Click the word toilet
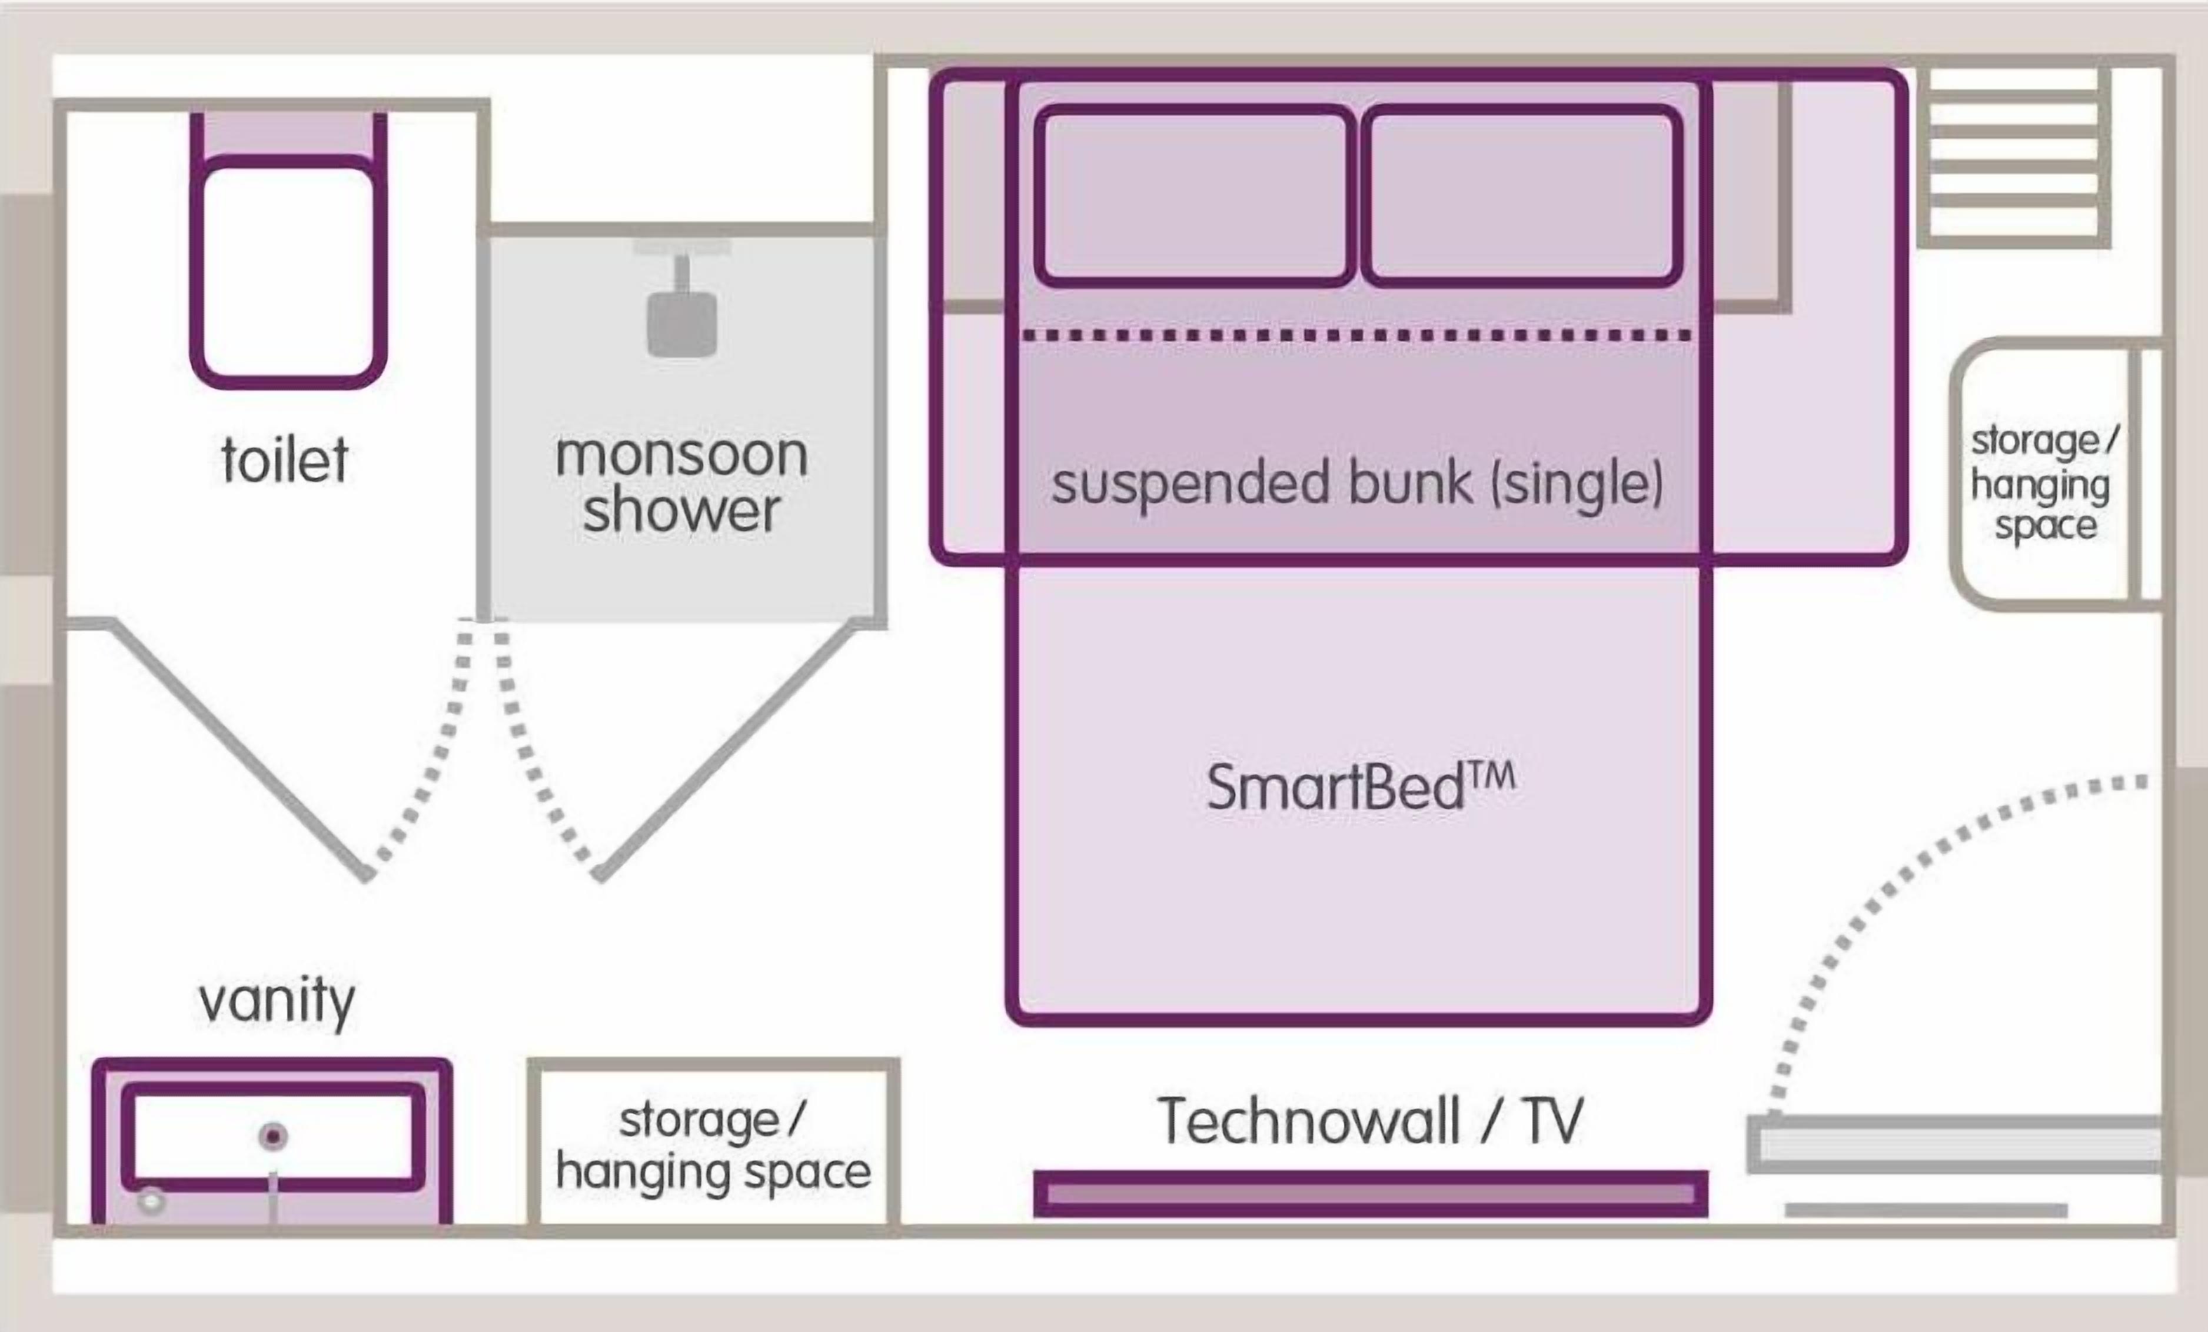(x=285, y=461)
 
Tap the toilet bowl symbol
(x=288, y=272)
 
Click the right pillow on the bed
(x=1521, y=196)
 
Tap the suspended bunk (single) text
(x=1356, y=484)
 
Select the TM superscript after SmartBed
(x=1491, y=776)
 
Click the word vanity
(x=277, y=1001)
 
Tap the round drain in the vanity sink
(x=273, y=1137)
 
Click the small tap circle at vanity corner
(x=151, y=1200)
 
